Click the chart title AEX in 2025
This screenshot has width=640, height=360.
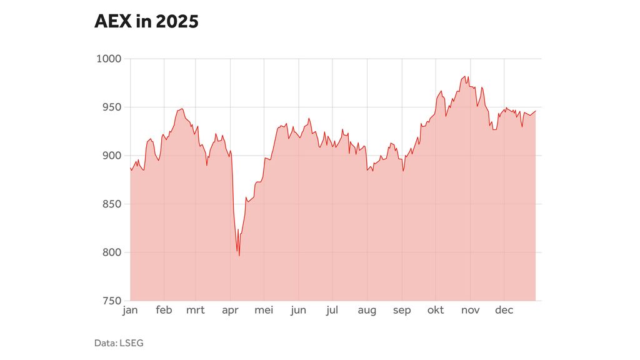point(146,22)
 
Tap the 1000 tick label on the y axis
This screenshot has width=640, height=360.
point(109,59)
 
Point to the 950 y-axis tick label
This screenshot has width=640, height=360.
point(111,107)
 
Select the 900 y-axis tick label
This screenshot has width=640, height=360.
point(111,156)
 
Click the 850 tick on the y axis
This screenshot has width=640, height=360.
point(111,204)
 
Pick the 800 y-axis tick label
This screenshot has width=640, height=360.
point(111,252)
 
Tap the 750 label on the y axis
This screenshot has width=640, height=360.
point(111,301)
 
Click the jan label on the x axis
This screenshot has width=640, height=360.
point(130,311)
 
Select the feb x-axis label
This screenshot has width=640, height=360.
point(164,311)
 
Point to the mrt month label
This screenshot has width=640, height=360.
point(196,311)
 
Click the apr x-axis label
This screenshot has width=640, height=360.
point(231,311)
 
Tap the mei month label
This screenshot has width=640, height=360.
point(264,311)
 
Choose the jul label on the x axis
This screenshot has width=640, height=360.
point(332,311)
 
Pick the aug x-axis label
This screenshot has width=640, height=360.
point(367,311)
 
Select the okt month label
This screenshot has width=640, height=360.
point(436,311)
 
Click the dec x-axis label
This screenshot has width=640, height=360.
point(504,311)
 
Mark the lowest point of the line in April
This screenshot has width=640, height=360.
point(239,256)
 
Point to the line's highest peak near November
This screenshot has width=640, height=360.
point(466,76)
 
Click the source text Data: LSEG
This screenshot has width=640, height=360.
point(119,342)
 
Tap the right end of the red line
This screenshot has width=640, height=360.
point(536,111)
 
